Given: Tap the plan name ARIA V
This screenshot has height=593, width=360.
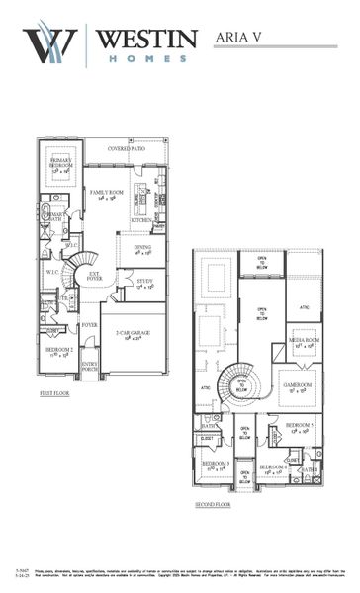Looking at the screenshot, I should click(x=242, y=38).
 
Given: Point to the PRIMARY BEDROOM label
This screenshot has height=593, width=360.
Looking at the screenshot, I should click(x=64, y=164).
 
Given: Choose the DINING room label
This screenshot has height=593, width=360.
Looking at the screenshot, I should click(x=141, y=249).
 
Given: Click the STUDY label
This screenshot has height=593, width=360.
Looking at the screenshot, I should click(x=145, y=282).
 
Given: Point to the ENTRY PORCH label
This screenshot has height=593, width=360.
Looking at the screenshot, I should click(x=90, y=367).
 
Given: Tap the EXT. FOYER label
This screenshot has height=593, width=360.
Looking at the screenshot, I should click(x=95, y=278).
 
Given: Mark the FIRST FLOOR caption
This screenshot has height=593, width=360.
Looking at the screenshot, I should click(x=56, y=392).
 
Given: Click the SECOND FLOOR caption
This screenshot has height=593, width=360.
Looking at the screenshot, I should click(x=215, y=504).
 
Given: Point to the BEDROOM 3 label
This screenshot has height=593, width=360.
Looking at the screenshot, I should click(x=216, y=463).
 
